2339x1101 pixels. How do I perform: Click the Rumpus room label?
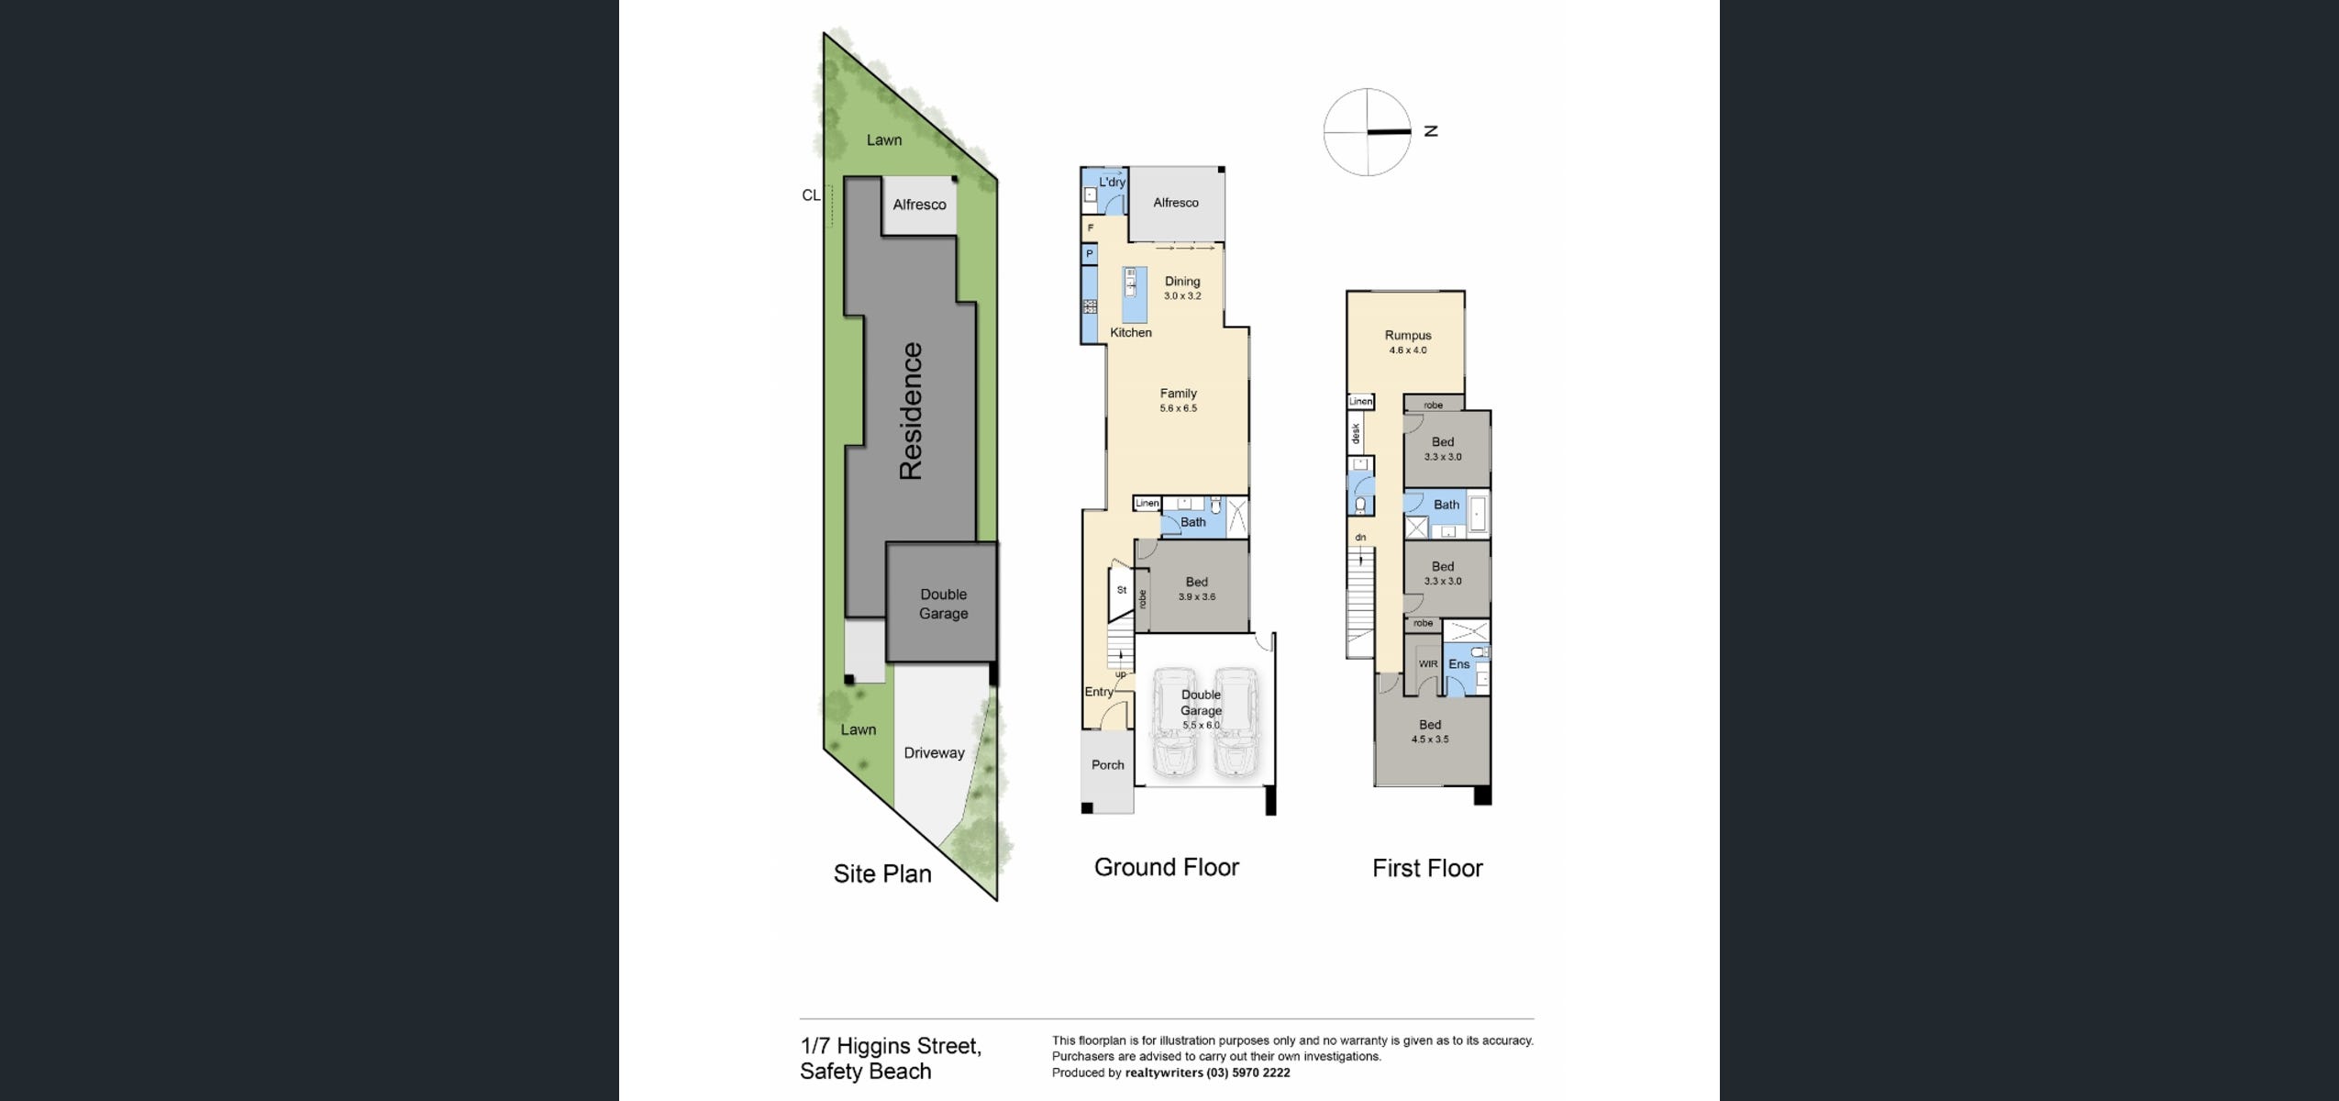coord(1408,336)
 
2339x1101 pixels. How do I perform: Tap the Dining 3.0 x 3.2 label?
coord(1182,288)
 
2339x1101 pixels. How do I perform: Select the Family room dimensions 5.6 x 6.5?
coord(1179,408)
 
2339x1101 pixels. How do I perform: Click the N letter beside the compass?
coord(1431,131)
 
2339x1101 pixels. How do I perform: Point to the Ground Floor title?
coord(1167,867)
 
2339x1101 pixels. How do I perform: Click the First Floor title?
coord(1427,868)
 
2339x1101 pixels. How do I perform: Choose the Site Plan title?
coord(882,873)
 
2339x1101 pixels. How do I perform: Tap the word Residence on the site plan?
coord(911,411)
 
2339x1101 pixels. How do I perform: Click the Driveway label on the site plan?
coord(934,753)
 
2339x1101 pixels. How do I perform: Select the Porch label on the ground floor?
coord(1108,764)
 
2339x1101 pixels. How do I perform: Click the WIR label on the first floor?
coord(1428,664)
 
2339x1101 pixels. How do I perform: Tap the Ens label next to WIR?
coord(1459,664)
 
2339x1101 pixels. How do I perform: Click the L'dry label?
coord(1113,182)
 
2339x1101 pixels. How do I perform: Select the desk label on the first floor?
coord(1356,433)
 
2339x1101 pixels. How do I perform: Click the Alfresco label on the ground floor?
coord(1176,203)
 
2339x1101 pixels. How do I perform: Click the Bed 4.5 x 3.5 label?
coord(1430,731)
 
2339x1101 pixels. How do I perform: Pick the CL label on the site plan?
coord(811,195)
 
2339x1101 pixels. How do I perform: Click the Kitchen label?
coord(1131,332)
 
